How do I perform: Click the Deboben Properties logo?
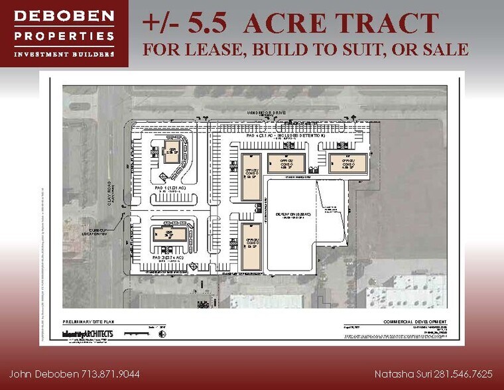point(64,34)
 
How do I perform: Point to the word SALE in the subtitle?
point(442,49)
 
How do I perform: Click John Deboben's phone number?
point(107,374)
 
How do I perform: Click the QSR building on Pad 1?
point(170,151)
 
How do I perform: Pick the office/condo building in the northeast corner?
point(349,162)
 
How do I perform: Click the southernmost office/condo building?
point(251,247)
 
